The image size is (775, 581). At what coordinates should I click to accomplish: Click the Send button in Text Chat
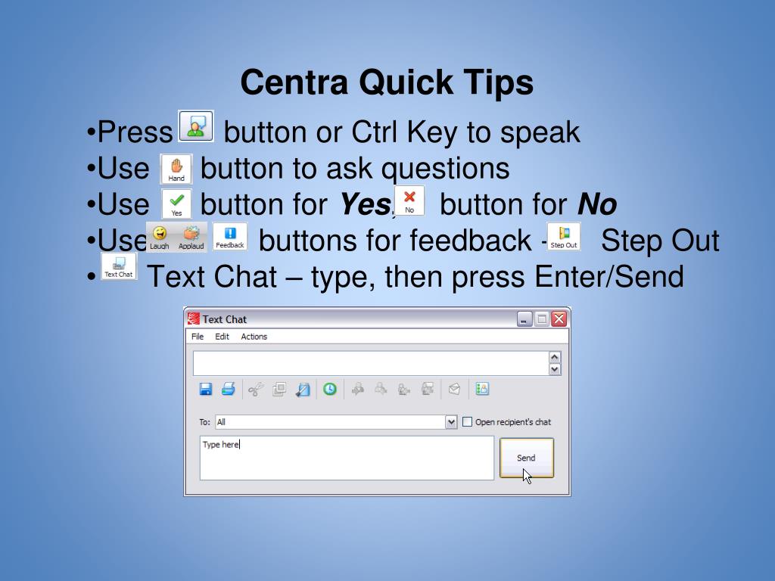pyautogui.click(x=527, y=458)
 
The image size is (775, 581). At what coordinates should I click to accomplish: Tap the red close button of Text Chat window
pyautogui.click(x=559, y=319)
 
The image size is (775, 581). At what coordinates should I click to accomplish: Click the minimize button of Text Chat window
pyautogui.click(x=524, y=319)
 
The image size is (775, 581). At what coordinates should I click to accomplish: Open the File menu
pyautogui.click(x=198, y=337)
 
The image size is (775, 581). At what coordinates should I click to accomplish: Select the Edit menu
pyautogui.click(x=222, y=337)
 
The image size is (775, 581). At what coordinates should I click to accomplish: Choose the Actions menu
pyautogui.click(x=254, y=337)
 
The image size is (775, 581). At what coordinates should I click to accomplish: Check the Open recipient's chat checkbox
pyautogui.click(x=467, y=422)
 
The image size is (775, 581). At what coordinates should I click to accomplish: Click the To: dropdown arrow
pyautogui.click(x=451, y=422)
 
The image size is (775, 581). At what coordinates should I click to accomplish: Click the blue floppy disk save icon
pyautogui.click(x=206, y=390)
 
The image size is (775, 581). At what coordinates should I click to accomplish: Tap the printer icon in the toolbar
pyautogui.click(x=229, y=390)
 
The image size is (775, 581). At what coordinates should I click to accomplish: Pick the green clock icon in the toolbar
pyautogui.click(x=330, y=390)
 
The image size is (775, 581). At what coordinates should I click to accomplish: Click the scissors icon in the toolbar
pyautogui.click(x=256, y=390)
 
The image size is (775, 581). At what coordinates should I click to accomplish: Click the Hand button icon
pyautogui.click(x=176, y=169)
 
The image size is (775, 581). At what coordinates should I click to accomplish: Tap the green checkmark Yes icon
pyautogui.click(x=176, y=204)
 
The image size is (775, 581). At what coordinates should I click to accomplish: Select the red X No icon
pyautogui.click(x=409, y=200)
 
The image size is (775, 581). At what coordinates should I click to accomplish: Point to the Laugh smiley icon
pyautogui.click(x=160, y=238)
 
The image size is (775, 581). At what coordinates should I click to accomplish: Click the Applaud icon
pyautogui.click(x=191, y=238)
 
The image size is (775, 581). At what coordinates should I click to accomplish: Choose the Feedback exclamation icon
pyautogui.click(x=230, y=237)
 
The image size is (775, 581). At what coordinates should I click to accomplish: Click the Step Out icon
pyautogui.click(x=564, y=237)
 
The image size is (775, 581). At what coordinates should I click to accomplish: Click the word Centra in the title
pyautogui.click(x=294, y=82)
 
